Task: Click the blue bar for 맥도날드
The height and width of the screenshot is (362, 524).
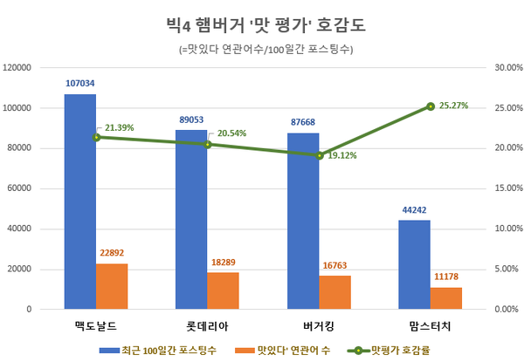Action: click(79, 201)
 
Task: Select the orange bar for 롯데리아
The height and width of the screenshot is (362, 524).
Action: click(223, 290)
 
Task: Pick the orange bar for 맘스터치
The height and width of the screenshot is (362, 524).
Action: click(446, 297)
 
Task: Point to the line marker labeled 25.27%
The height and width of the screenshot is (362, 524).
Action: click(431, 106)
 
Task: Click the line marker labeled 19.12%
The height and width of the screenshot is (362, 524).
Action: click(320, 155)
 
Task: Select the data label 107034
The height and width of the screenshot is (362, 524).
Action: click(79, 84)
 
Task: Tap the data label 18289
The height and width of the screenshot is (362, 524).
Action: click(223, 262)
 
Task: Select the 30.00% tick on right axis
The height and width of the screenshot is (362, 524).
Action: click(507, 67)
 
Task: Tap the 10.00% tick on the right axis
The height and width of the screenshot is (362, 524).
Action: click(507, 229)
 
